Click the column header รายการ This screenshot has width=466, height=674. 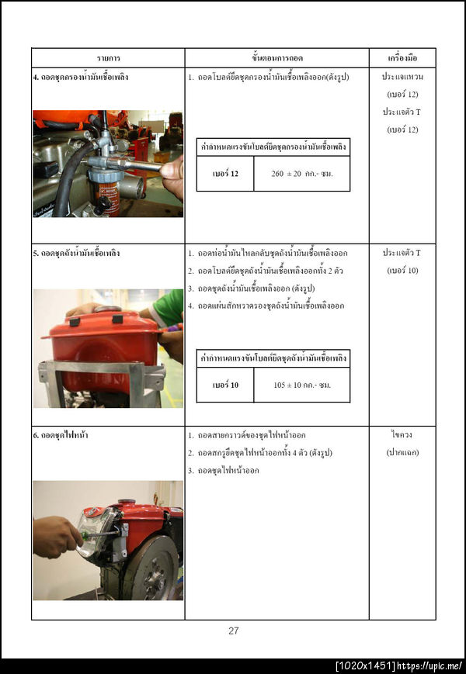click(108, 58)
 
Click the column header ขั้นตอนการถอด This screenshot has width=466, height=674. click(276, 58)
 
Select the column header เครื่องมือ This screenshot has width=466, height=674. click(402, 58)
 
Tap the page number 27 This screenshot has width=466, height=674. click(233, 631)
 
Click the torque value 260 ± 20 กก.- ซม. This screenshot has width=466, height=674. click(301, 174)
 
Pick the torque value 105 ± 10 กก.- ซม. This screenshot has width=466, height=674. click(301, 385)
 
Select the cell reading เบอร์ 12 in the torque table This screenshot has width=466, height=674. click(225, 174)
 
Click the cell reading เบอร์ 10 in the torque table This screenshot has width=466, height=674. click(225, 385)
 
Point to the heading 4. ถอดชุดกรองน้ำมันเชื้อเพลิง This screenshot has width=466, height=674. click(81, 78)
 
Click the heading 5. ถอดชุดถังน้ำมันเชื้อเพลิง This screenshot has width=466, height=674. click(76, 254)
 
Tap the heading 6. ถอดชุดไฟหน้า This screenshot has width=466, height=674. click(61, 435)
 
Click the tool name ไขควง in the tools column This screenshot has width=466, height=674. click(402, 435)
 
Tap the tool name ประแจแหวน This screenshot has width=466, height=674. click(402, 78)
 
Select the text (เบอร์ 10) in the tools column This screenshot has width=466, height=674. click(402, 271)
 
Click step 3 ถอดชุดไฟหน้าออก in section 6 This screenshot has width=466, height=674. click(228, 471)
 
